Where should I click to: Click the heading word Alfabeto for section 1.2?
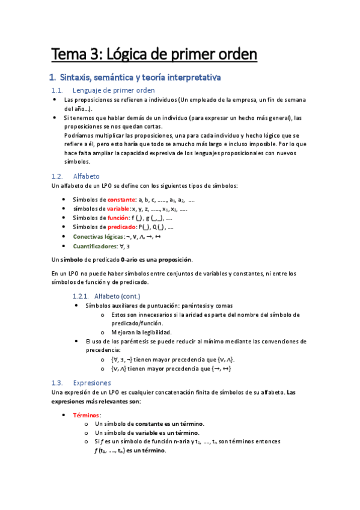pos(87,176)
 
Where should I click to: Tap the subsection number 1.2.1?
pos(81,296)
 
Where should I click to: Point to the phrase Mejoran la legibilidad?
pos(141,332)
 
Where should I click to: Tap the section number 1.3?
pos(57,382)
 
